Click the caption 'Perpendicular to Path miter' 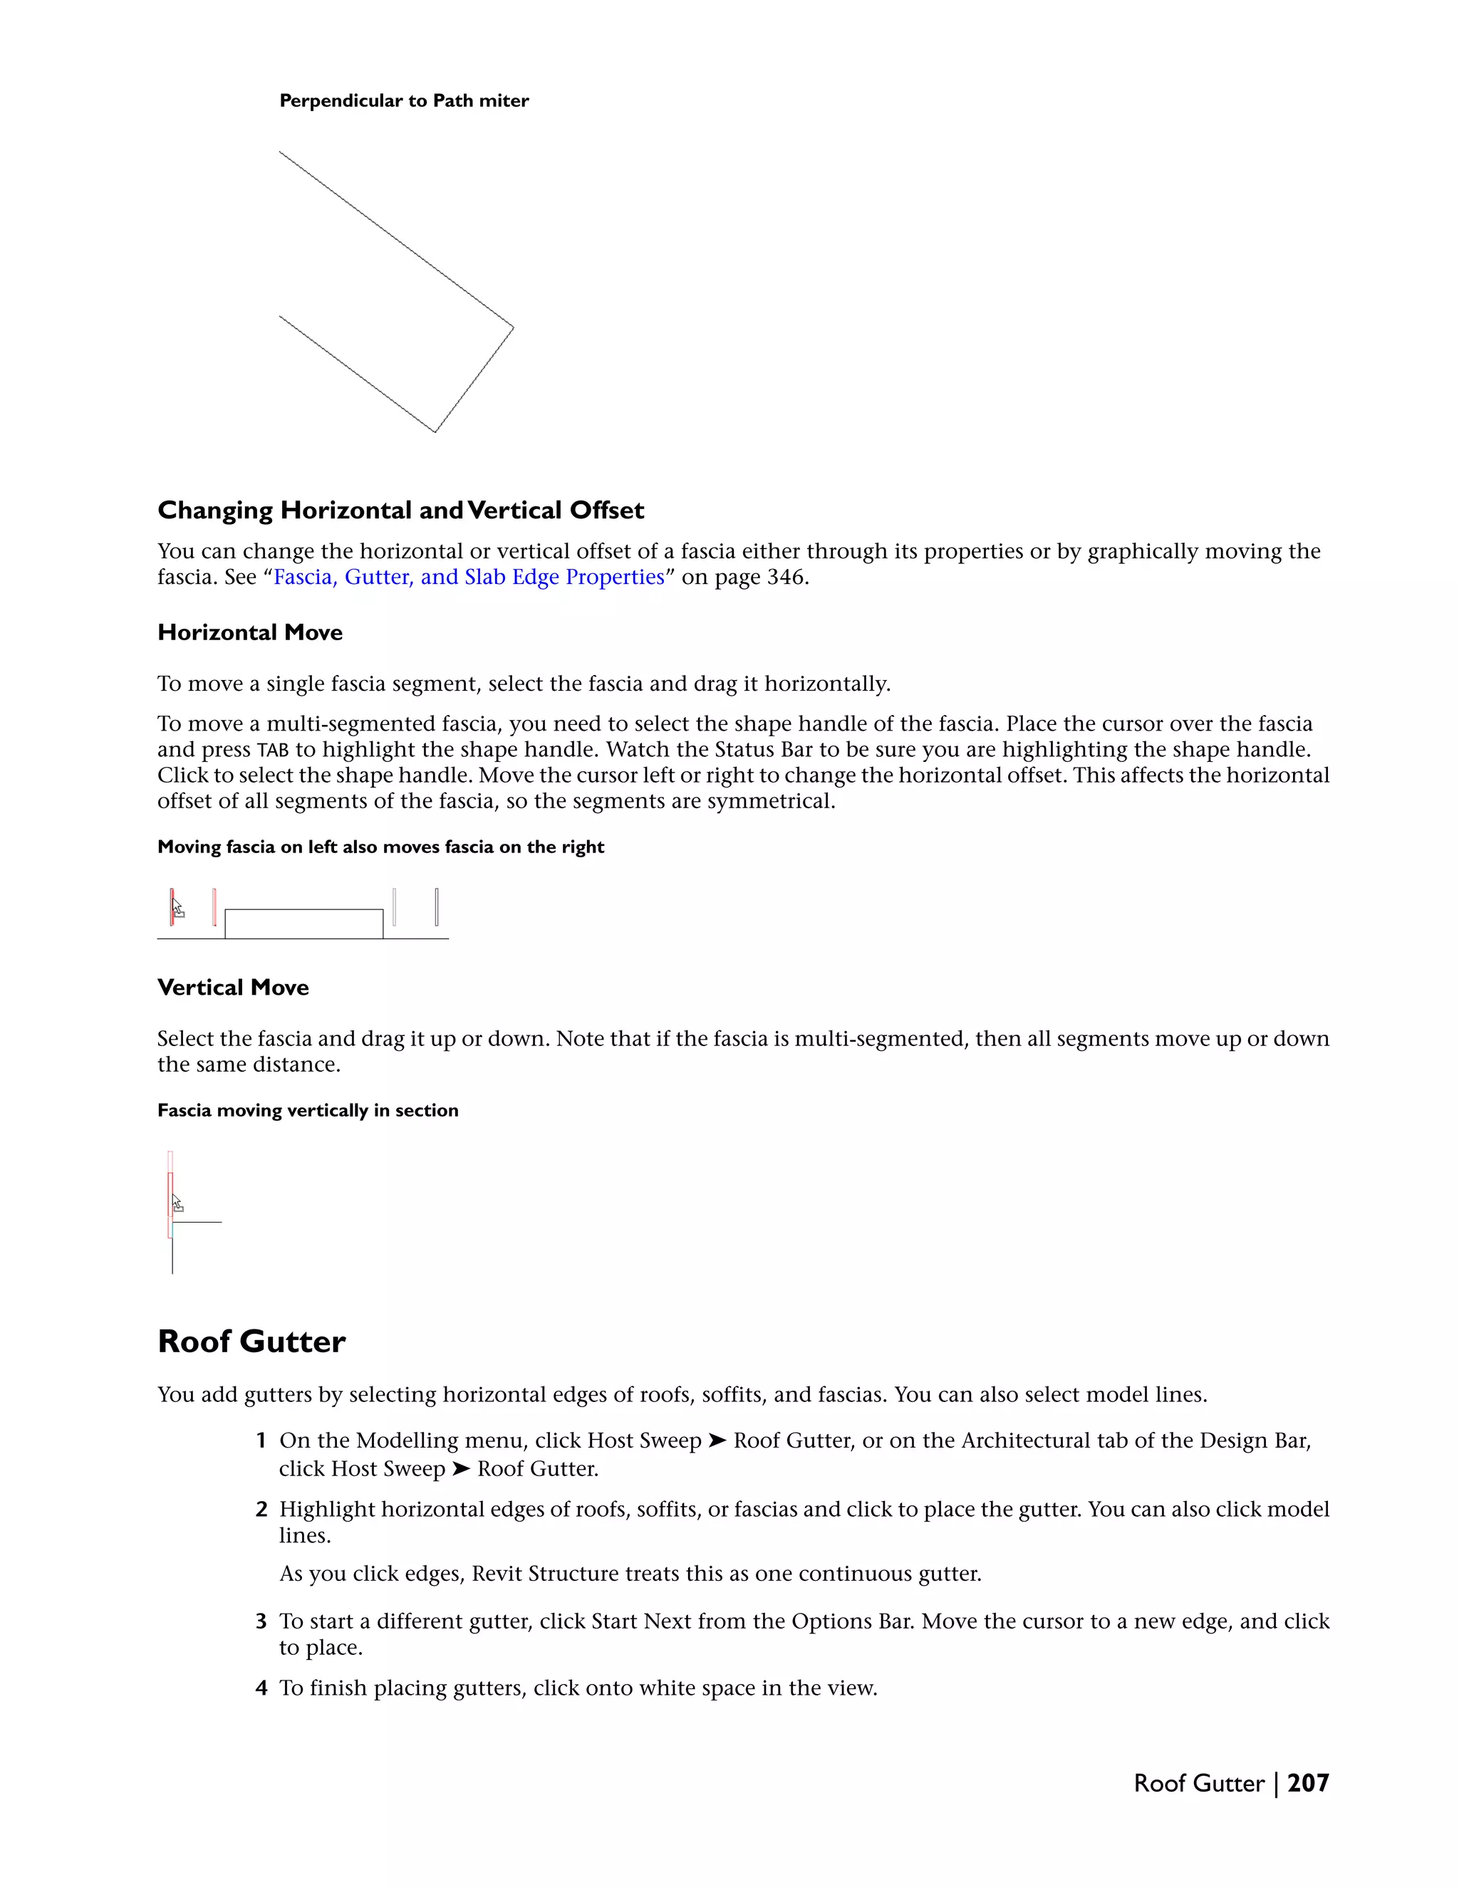[404, 101]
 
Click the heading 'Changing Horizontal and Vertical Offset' [400, 511]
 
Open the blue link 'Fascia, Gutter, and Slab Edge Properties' [469, 577]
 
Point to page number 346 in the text [786, 577]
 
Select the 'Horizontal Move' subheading [250, 632]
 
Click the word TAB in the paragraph [272, 750]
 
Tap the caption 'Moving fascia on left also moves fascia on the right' [380, 847]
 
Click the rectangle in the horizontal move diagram [303, 924]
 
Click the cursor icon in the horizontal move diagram [177, 909]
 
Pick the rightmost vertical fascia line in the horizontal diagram [437, 906]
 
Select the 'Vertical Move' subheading [232, 988]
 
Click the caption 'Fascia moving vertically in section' [308, 1110]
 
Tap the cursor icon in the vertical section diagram [177, 1203]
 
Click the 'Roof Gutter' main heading [251, 1342]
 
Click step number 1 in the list [260, 1441]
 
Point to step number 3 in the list [261, 1621]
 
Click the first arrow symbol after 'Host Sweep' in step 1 [717, 1441]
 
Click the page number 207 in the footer [1308, 1783]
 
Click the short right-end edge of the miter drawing [474, 380]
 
